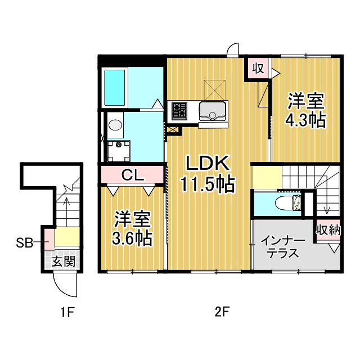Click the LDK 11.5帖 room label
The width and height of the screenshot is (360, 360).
tap(208, 174)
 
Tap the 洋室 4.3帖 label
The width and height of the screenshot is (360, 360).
tap(306, 110)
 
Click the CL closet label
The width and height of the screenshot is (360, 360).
tap(133, 175)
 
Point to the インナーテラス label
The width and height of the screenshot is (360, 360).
tap(283, 247)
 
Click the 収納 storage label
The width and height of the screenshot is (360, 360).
tap(328, 229)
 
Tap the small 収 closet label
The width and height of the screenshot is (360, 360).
tap(258, 68)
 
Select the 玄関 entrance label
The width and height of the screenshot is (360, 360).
tap(63, 261)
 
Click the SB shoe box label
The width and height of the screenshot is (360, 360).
tap(25, 242)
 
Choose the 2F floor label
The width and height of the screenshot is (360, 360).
tap(222, 312)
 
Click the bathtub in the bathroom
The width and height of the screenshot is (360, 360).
tap(115, 88)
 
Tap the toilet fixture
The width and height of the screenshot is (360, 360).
tap(288, 202)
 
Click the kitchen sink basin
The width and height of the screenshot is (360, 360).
tap(212, 111)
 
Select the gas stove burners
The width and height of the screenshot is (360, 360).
tap(179, 111)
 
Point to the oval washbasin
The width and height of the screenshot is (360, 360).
tap(115, 125)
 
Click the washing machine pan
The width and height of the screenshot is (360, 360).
tap(119, 151)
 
